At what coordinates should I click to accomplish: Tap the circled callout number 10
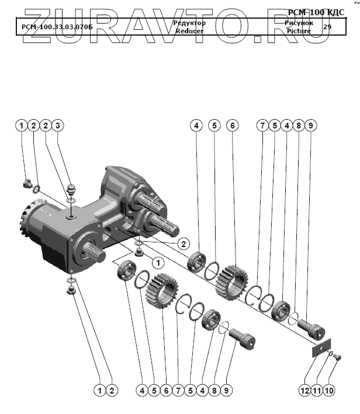[x=331, y=389]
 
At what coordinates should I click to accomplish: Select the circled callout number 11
[x=317, y=389]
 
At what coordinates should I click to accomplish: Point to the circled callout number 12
[x=304, y=389]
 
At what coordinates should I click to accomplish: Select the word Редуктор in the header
[x=189, y=23]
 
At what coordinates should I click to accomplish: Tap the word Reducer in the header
[x=189, y=31]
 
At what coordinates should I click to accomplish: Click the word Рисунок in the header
[x=299, y=23]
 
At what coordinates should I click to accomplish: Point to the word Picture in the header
[x=299, y=31]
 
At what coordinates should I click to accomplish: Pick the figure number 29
[x=327, y=27]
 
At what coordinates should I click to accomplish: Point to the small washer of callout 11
[x=331, y=353]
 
